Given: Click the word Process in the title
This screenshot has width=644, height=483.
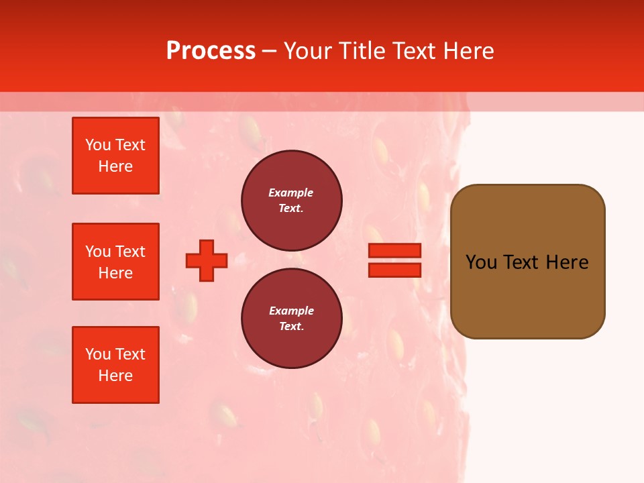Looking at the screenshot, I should click(211, 51).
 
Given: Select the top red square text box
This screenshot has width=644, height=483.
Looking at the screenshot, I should click(115, 156).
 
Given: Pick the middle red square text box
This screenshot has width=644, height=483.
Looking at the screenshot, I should click(115, 262).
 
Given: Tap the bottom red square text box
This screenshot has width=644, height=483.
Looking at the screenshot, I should click(115, 365).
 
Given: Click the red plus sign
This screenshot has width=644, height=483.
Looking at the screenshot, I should click(207, 260).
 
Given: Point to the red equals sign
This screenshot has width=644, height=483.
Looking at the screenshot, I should click(394, 260).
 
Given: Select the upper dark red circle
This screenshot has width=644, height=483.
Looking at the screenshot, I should click(292, 201).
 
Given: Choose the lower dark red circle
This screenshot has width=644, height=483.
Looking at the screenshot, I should click(292, 319).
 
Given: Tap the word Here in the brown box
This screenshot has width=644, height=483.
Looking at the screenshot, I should click(567, 262).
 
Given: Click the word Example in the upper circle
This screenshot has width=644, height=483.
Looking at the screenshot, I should click(291, 193).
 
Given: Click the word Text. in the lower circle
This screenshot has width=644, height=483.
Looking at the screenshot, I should click(291, 327).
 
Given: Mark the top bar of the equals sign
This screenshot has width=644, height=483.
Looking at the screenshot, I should click(394, 251).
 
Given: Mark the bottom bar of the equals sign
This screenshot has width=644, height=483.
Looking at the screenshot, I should click(394, 270).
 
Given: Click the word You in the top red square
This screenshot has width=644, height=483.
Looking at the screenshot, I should click(98, 145).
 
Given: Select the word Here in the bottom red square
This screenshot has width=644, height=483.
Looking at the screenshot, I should click(115, 376).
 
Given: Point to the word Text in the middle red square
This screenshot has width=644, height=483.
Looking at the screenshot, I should click(130, 252).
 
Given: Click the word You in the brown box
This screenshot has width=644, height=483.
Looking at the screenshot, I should click(481, 262).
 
